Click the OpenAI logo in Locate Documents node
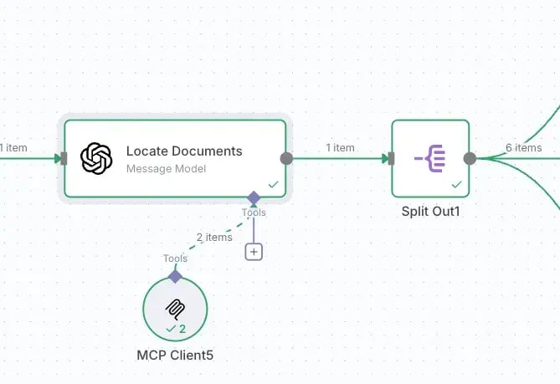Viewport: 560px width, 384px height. [96, 158]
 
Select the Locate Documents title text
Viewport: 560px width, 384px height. [184, 151]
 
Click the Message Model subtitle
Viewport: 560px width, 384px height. [166, 169]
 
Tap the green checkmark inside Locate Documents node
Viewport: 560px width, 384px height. [273, 185]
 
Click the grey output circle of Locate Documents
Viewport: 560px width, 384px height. [286, 158]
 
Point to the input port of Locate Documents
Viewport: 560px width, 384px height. [64, 158]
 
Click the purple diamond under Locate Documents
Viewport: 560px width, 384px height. [254, 197]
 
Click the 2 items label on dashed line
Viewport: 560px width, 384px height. [214, 238]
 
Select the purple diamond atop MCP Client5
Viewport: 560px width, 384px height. [175, 276]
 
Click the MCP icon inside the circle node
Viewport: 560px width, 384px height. [175, 310]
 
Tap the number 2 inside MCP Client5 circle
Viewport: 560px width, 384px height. [182, 329]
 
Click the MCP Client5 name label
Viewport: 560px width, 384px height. [175, 355]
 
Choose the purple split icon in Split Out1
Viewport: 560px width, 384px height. [430, 158]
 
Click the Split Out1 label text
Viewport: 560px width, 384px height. [430, 212]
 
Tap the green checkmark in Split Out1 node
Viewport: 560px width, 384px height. [456, 185]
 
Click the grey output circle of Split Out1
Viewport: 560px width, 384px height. [470, 158]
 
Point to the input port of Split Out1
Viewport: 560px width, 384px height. [391, 158]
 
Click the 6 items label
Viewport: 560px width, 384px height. [523, 147]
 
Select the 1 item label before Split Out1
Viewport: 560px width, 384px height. [340, 147]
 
